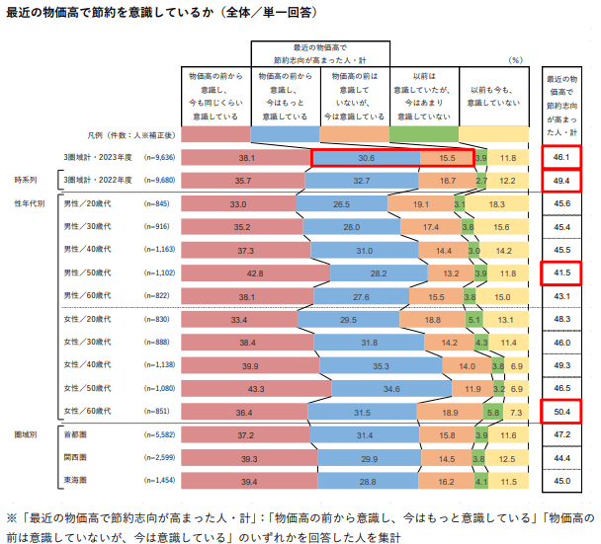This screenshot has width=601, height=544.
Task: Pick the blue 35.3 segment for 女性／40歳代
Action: click(382, 364)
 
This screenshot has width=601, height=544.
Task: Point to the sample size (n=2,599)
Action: click(160, 458)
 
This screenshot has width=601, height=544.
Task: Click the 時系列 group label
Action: click(25, 181)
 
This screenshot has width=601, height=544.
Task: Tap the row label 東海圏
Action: click(76, 481)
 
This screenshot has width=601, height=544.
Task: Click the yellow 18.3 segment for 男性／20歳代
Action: click(497, 204)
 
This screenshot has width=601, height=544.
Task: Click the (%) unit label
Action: click(514, 60)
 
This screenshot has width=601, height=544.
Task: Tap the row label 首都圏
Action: click(76, 435)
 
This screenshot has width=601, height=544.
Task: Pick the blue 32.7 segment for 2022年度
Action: click(361, 182)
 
